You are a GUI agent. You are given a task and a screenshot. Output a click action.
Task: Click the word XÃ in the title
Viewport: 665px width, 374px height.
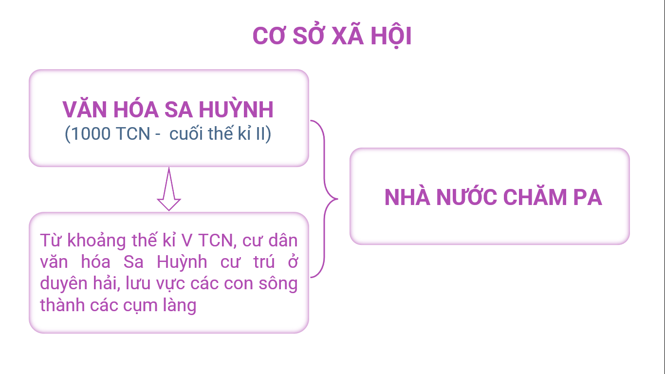pyautogui.click(x=348, y=35)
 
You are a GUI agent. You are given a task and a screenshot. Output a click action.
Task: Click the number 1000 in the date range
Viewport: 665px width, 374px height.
pyautogui.click(x=91, y=133)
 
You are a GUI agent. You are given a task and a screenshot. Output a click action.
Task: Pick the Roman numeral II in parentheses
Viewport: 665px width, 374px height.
pyautogui.click(x=260, y=133)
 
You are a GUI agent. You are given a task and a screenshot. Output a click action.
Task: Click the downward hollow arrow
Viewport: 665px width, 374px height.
pyautogui.click(x=169, y=189)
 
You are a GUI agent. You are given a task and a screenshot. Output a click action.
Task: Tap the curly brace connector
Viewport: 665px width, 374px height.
pyautogui.click(x=324, y=199)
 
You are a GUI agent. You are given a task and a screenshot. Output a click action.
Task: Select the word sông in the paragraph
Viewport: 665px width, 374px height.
pyautogui.click(x=278, y=283)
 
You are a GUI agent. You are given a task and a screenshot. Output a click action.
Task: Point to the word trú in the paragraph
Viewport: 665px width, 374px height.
pyautogui.click(x=264, y=262)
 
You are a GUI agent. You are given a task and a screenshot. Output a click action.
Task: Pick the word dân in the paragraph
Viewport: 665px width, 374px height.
pyautogui.click(x=283, y=240)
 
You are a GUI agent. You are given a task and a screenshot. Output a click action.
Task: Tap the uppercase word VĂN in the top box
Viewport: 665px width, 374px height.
pyautogui.click(x=85, y=109)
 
